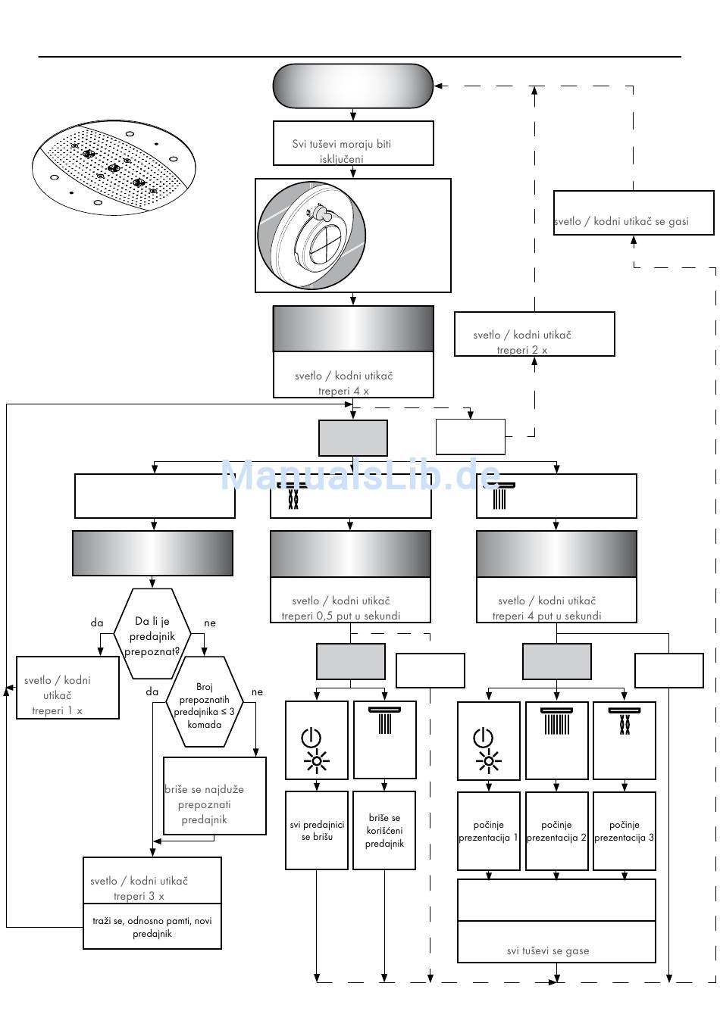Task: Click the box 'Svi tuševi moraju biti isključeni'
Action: click(353, 143)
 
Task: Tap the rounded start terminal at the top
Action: click(353, 86)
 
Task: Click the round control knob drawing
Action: click(312, 235)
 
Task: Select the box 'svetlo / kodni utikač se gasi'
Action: click(634, 213)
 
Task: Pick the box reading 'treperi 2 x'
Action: click(534, 334)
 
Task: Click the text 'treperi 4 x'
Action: click(343, 392)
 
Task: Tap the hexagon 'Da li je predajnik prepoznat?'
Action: click(152, 635)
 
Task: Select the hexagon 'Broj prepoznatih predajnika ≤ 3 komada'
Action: click(204, 702)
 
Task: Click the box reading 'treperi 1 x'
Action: click(68, 688)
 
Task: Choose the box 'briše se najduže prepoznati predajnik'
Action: click(214, 796)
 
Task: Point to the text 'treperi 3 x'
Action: click(139, 896)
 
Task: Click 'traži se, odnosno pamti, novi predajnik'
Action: click(152, 927)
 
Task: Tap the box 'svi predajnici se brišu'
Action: click(317, 831)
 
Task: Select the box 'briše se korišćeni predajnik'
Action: click(385, 831)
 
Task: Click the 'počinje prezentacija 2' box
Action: click(556, 831)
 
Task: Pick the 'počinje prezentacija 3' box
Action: click(625, 831)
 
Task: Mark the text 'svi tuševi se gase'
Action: click(548, 951)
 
